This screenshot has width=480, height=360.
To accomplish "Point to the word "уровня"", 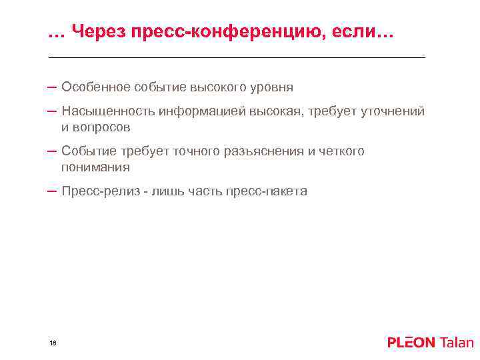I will click(x=272, y=87).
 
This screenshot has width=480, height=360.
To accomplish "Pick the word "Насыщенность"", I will click(x=107, y=111).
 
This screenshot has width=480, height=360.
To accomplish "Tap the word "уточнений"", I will click(x=393, y=111).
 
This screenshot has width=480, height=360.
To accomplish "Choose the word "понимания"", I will click(x=95, y=167).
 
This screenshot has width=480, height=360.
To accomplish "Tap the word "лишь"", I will click(x=166, y=191).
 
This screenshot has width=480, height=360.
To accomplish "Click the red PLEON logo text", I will click(x=411, y=343).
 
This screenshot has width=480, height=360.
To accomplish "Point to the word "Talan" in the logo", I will click(x=457, y=343).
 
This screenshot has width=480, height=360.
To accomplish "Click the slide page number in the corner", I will click(x=53, y=343).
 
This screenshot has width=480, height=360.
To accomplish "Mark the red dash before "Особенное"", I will click(x=52, y=87).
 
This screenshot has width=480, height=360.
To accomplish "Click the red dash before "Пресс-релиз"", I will click(x=52, y=191).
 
